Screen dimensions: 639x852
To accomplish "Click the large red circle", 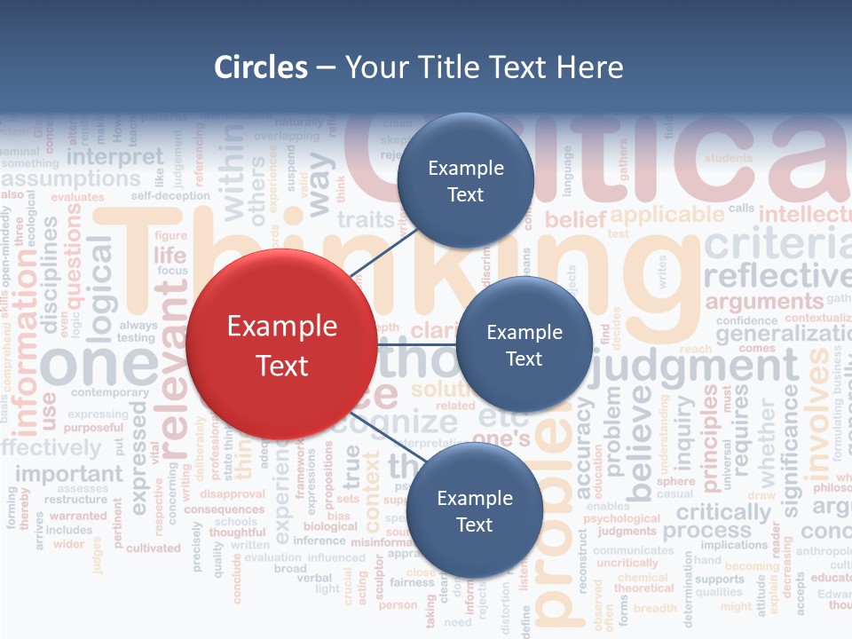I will [x=281, y=344].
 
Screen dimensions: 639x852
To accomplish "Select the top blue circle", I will [x=465, y=181].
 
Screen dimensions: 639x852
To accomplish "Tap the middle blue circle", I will [x=524, y=344].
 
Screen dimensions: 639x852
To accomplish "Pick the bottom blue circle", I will [x=474, y=510].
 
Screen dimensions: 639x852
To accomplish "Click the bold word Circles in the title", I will [x=261, y=67].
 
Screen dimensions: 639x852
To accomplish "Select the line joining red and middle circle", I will [x=416, y=344].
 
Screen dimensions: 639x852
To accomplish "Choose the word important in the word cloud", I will [x=68, y=473].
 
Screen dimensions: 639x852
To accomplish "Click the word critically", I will [x=723, y=512].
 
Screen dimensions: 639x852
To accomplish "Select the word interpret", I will [x=115, y=157].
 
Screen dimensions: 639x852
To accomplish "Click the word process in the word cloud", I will [x=706, y=531].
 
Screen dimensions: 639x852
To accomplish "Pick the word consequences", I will [x=224, y=509].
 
